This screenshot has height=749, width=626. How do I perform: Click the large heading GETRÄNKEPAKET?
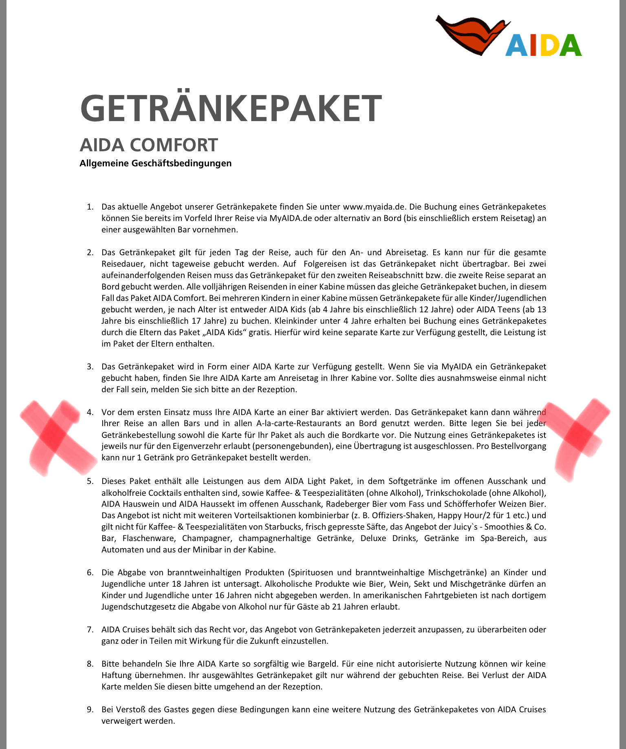tap(231, 108)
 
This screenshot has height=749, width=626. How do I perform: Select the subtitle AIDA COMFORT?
tap(149, 145)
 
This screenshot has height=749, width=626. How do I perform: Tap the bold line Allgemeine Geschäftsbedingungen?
tap(155, 163)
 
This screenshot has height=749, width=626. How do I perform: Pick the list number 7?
tap(90, 630)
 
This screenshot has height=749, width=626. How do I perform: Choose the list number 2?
tap(90, 252)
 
